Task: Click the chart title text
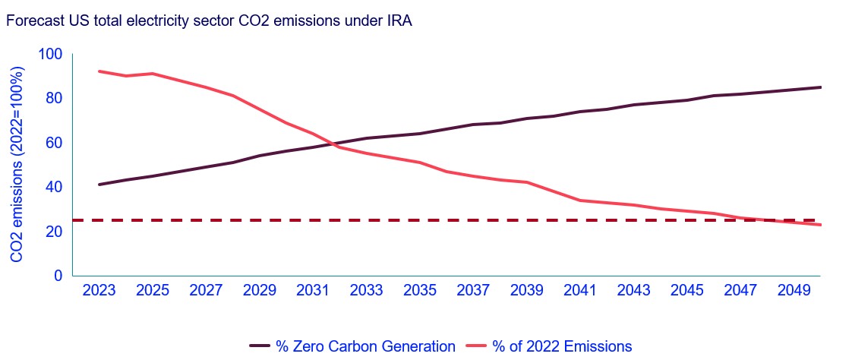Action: pos(209,22)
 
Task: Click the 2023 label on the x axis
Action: pos(99,292)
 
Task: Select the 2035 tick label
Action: pos(420,292)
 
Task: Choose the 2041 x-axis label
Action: pos(580,292)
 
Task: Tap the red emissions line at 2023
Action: pos(99,71)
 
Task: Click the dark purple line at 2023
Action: pos(99,185)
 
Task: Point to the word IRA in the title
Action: pos(399,22)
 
